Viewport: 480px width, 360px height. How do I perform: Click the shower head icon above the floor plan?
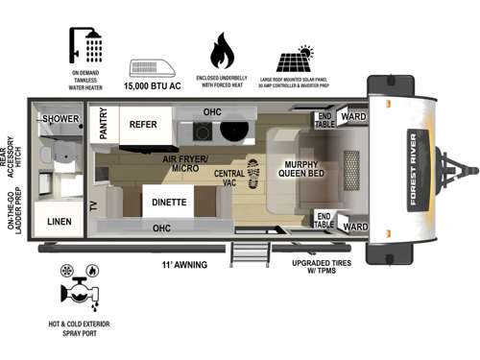[x=85, y=44]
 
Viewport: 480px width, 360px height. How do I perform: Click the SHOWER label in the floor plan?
[x=60, y=119]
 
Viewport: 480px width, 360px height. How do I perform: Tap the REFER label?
[x=144, y=124]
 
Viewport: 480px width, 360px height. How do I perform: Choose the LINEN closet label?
[x=60, y=221]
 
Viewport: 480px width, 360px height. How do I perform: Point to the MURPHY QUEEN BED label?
[x=304, y=169]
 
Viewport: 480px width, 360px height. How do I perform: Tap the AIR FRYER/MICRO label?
[x=181, y=163]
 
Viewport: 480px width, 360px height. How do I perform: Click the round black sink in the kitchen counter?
[x=240, y=132]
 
